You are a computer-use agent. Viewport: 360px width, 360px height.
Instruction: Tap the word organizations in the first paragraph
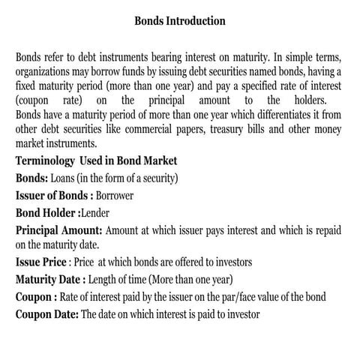click(46, 73)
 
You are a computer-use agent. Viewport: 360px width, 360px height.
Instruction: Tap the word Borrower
click(119, 196)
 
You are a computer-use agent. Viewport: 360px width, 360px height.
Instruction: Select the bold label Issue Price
click(41, 262)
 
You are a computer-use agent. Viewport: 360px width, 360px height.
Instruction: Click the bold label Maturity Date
click(51, 280)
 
